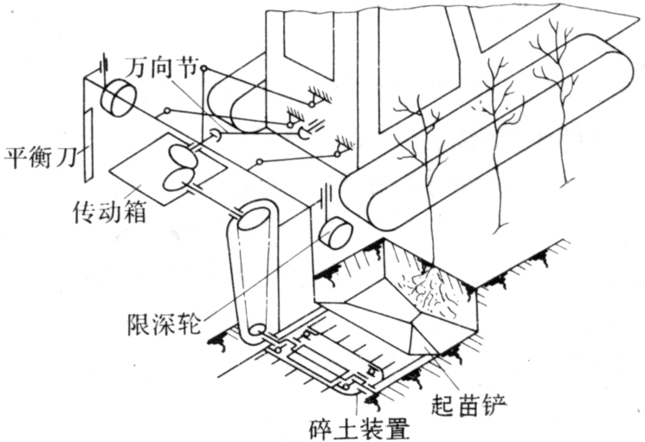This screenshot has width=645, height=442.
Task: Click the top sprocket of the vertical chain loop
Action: [x=255, y=215]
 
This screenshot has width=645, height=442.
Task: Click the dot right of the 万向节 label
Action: [x=203, y=67]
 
